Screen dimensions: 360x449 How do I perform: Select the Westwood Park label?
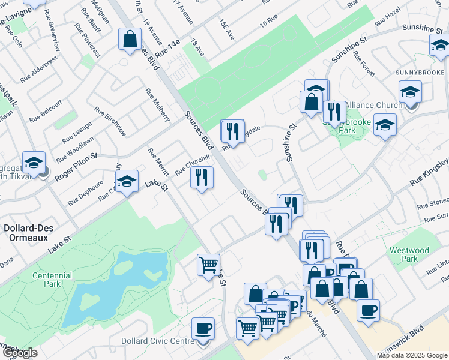[409, 254]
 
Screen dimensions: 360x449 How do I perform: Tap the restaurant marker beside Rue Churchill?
[202, 177]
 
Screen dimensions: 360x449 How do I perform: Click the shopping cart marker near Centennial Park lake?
[208, 264]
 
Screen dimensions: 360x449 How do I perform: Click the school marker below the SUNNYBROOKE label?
[410, 92]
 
